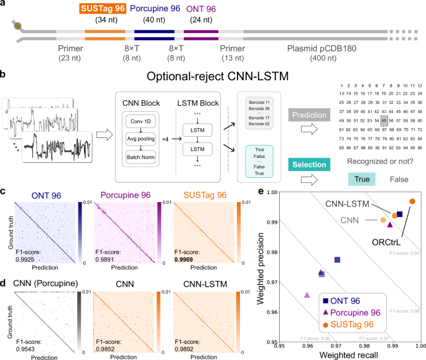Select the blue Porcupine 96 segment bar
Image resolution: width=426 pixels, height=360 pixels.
point(155,31)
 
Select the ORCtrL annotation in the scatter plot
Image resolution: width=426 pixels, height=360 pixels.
point(385,241)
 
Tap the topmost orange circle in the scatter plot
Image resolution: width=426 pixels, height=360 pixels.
point(412,201)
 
